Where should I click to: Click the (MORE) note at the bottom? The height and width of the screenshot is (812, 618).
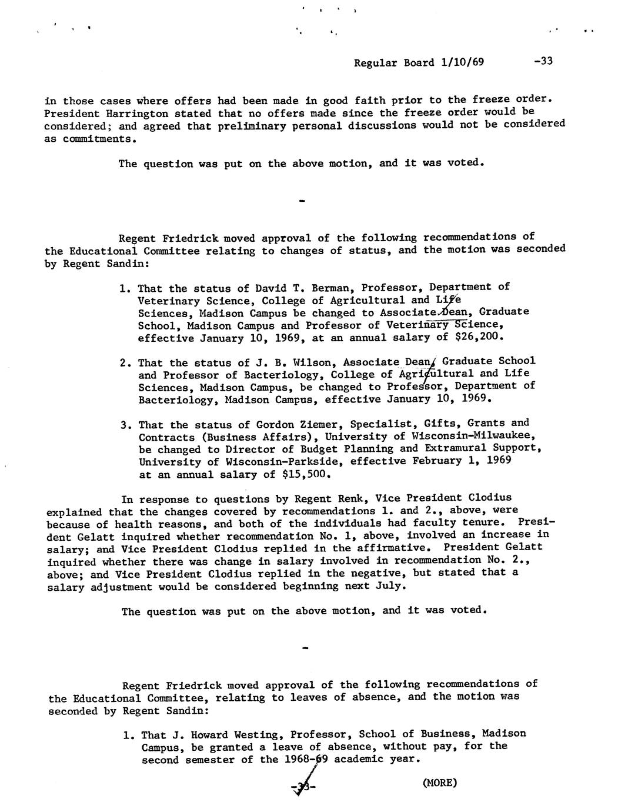point(439,783)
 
